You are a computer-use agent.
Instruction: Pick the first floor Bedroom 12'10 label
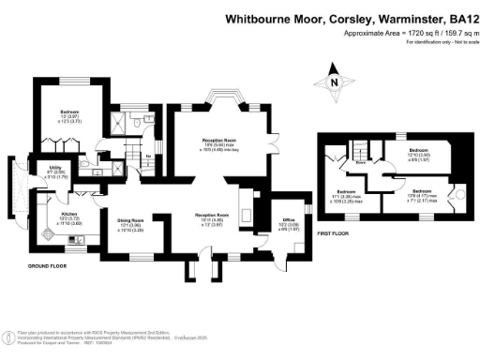pos(419,152)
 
